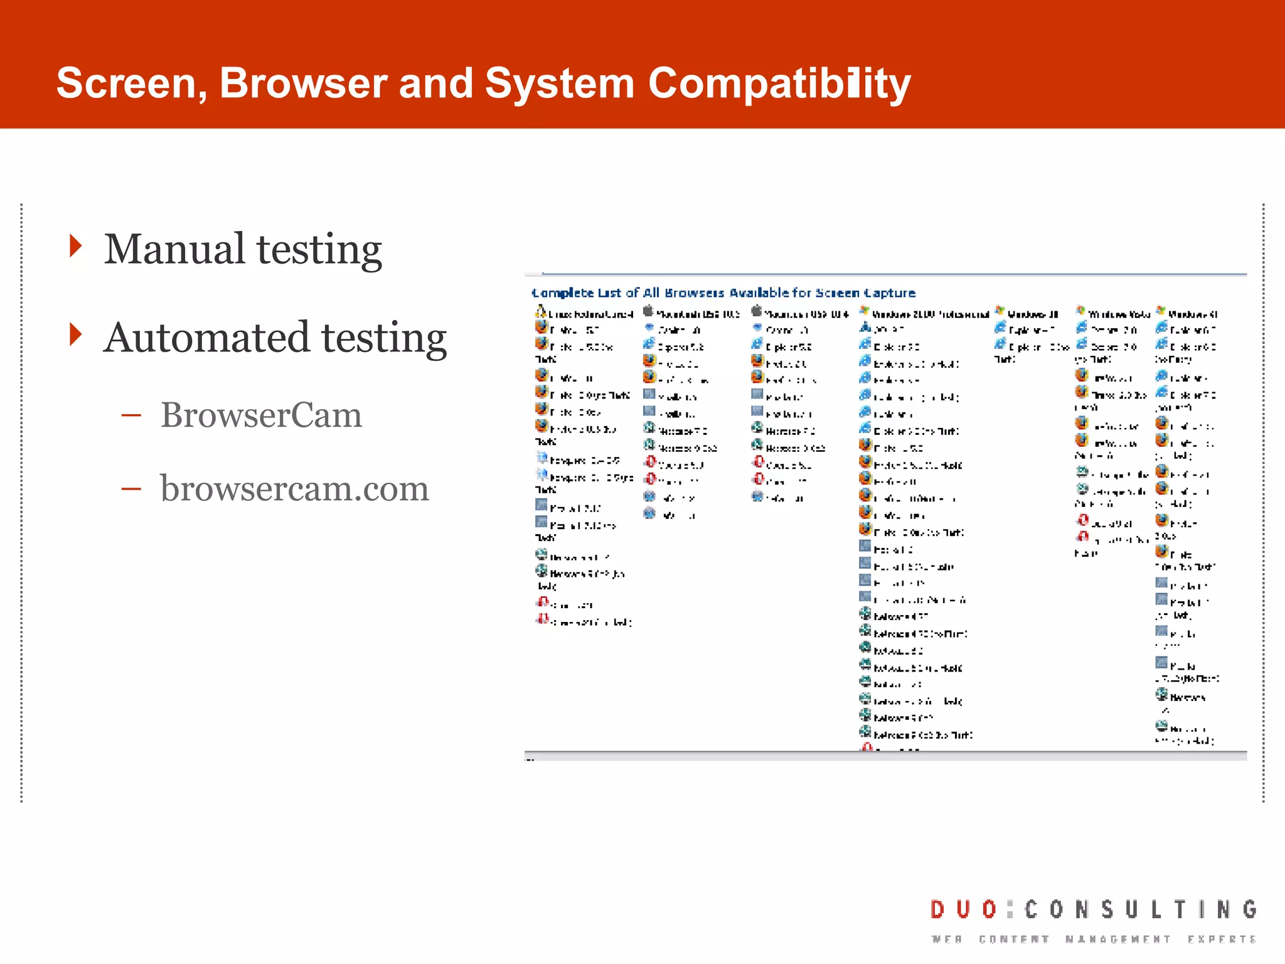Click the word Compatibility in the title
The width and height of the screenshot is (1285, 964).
779,83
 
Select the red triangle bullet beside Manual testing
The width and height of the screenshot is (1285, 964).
76,246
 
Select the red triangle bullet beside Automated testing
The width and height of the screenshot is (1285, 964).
76,335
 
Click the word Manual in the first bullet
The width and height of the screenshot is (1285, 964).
174,249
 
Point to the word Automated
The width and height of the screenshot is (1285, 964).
206,338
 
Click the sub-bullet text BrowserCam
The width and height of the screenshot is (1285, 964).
261,415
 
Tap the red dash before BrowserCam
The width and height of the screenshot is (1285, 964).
131,415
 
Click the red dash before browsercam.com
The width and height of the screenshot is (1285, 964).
131,488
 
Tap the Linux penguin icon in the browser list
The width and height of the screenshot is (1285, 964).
540,311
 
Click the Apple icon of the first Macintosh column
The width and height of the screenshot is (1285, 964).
648,311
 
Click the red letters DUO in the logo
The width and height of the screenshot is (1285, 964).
963,909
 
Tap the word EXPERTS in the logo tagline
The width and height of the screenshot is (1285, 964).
1221,940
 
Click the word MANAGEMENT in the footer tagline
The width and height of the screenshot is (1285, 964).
1117,940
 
